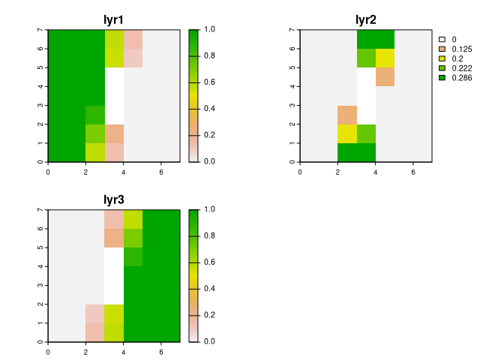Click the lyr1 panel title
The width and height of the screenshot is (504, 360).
(x=113, y=20)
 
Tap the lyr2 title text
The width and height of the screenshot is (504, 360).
(x=366, y=20)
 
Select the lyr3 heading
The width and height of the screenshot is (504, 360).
(x=113, y=200)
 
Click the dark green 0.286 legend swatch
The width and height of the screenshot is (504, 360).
(x=442, y=78)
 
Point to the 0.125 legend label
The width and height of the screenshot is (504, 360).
(x=462, y=49)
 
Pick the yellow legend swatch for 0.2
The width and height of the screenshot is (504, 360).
(x=442, y=58)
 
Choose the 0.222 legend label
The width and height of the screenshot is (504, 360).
(x=462, y=68)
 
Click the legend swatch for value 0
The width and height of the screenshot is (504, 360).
(x=442, y=39)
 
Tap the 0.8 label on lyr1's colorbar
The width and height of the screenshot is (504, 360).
(x=209, y=56)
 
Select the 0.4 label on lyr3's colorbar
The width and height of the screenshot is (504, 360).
(x=209, y=289)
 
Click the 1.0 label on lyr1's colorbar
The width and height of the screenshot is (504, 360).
(x=209, y=29)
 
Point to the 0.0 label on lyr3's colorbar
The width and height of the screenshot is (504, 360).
(x=209, y=341)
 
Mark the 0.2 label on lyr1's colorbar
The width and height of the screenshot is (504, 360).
(x=209, y=135)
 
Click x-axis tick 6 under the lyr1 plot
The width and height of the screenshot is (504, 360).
(x=161, y=172)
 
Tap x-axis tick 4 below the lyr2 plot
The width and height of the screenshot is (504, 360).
(x=376, y=172)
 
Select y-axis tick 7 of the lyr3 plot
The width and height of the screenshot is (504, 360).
(x=40, y=209)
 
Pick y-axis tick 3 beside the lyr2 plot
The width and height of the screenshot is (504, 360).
(x=292, y=105)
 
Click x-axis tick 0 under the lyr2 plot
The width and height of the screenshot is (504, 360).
(x=300, y=172)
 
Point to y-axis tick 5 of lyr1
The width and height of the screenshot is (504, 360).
(x=40, y=67)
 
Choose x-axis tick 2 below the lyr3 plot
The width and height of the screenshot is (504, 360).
(x=85, y=352)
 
